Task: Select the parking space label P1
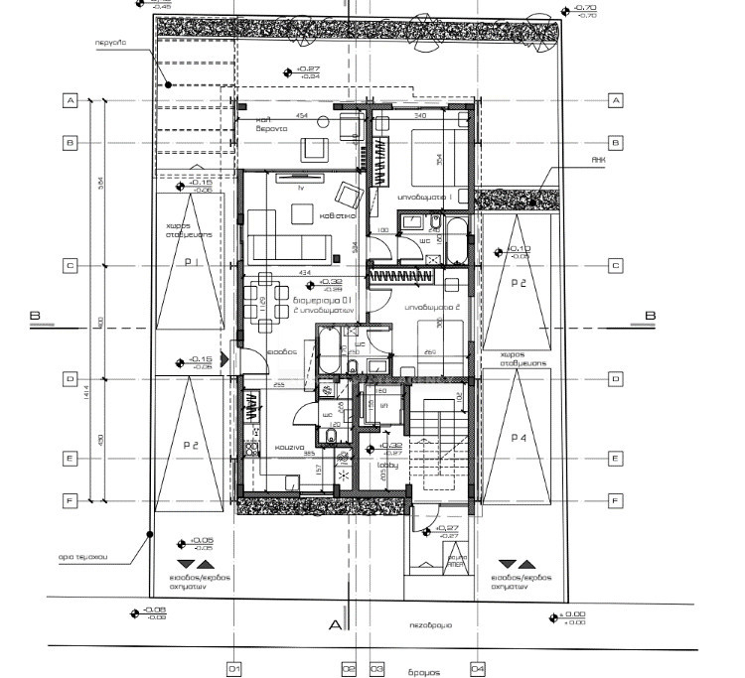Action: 191,262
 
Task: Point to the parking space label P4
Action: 518,438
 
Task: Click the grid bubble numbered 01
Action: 234,668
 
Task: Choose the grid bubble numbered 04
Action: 478,668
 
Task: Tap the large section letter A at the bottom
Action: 336,624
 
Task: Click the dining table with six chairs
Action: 265,298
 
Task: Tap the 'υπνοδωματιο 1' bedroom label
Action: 425,198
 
